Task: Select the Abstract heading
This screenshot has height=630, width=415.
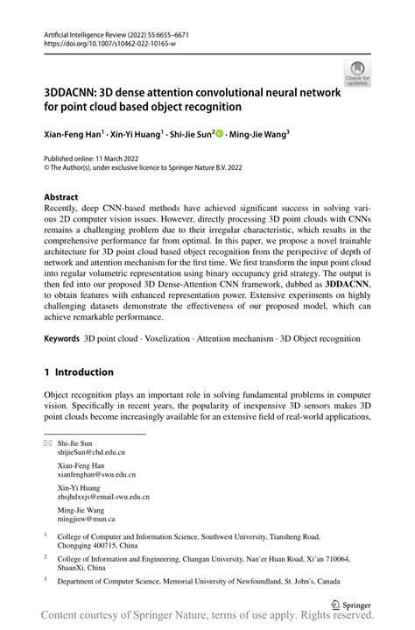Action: tap(61, 198)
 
